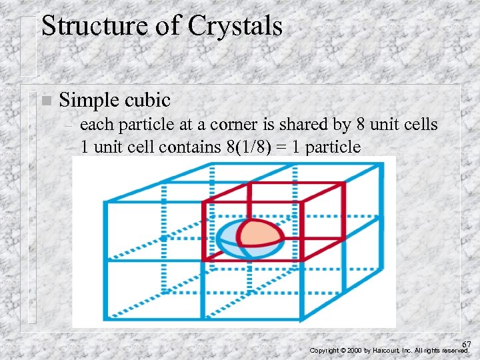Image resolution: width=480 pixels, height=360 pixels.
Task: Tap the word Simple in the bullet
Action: pos(87,101)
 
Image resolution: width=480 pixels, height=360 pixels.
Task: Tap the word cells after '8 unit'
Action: pos(420,125)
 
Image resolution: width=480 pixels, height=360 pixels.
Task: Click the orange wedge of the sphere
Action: pos(260,233)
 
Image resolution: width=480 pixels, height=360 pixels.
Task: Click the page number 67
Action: pos(466,344)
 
